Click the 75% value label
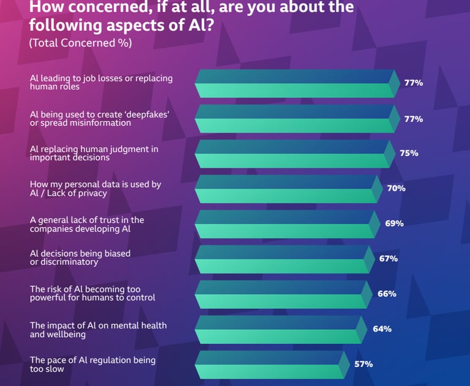tap(409, 153)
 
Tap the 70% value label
tap(396, 188)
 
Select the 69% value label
tap(394, 223)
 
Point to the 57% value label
tap(364, 364)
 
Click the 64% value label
tap(382, 329)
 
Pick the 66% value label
tap(387, 294)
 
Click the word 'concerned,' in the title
tap(110, 7)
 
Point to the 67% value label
tap(388, 259)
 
